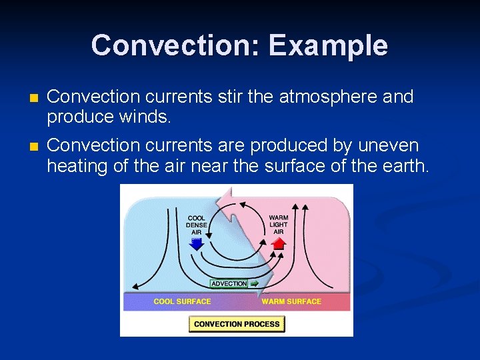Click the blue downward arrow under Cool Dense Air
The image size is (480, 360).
coord(196,245)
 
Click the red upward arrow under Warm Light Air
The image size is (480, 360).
coord(279,244)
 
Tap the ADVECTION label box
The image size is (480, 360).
coord(229,283)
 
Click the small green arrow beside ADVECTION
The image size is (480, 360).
coord(254,283)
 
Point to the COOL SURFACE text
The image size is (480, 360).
coord(182,302)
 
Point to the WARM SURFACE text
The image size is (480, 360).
coord(291,302)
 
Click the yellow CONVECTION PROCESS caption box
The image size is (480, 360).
coord(237,324)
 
